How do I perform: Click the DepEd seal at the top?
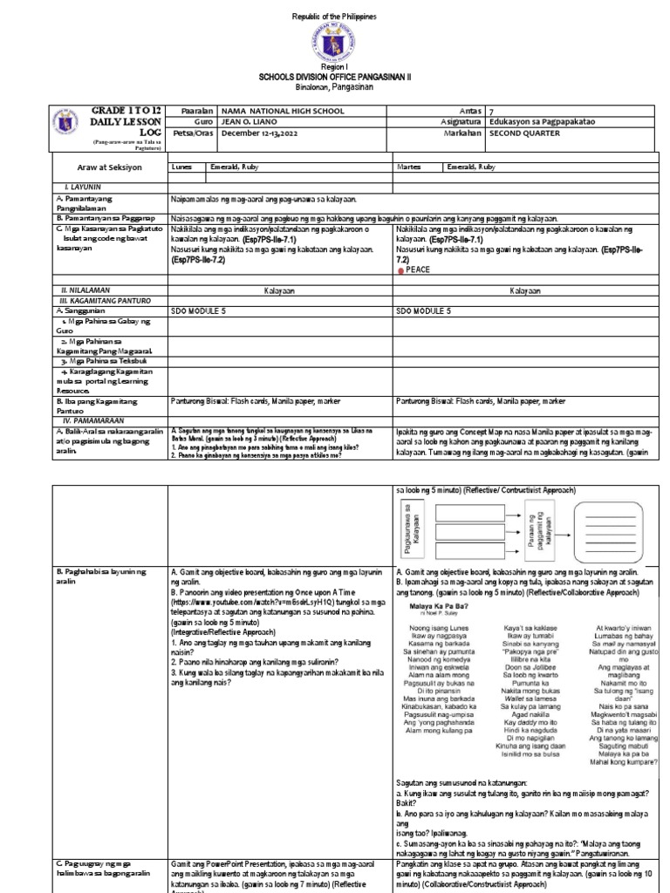click(335, 43)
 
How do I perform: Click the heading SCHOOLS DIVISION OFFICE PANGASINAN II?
click(335, 77)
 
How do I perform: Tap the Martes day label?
click(409, 165)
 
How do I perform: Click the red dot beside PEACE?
click(400, 271)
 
